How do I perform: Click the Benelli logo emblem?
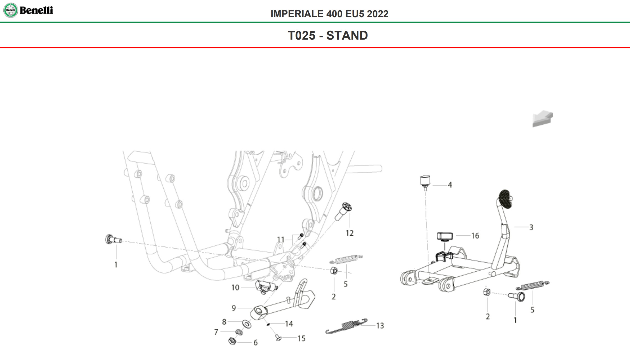pyautogui.click(x=11, y=11)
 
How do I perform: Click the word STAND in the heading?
pyautogui.click(x=347, y=35)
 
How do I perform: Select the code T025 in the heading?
pyautogui.click(x=302, y=35)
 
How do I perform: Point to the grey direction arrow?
pyautogui.click(x=542, y=119)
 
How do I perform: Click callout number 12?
pyautogui.click(x=349, y=233)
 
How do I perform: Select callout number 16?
pyautogui.click(x=475, y=236)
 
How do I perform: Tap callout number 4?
pyautogui.click(x=450, y=185)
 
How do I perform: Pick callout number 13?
pyautogui.click(x=380, y=326)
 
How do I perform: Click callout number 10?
pyautogui.click(x=235, y=288)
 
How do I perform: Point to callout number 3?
pyautogui.click(x=531, y=227)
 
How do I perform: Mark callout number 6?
pyautogui.click(x=255, y=343)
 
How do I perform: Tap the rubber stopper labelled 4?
pyautogui.click(x=425, y=181)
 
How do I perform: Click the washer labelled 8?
pyautogui.click(x=246, y=324)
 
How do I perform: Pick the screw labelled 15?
pyautogui.click(x=278, y=338)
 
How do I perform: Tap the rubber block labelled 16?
pyautogui.click(x=445, y=236)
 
